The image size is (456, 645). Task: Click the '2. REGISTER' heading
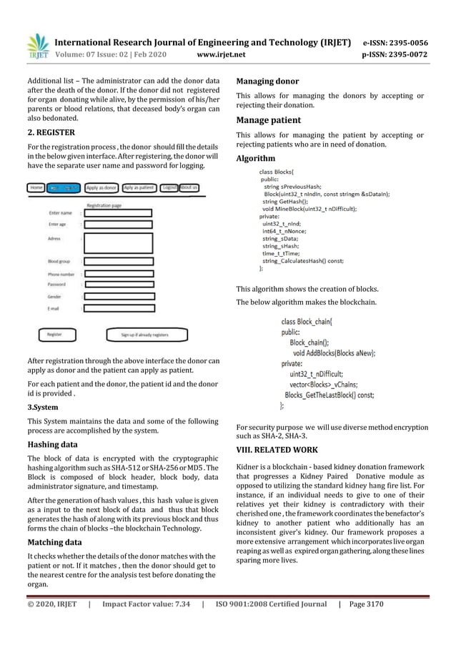click(x=46, y=132)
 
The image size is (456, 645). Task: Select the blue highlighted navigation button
click(x=64, y=188)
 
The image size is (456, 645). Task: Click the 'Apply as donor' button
click(x=101, y=188)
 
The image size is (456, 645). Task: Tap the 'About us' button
click(x=189, y=188)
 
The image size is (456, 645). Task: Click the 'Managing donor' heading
click(x=267, y=81)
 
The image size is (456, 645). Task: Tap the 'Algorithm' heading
click(x=255, y=158)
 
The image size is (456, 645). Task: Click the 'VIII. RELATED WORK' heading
click(x=282, y=449)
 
